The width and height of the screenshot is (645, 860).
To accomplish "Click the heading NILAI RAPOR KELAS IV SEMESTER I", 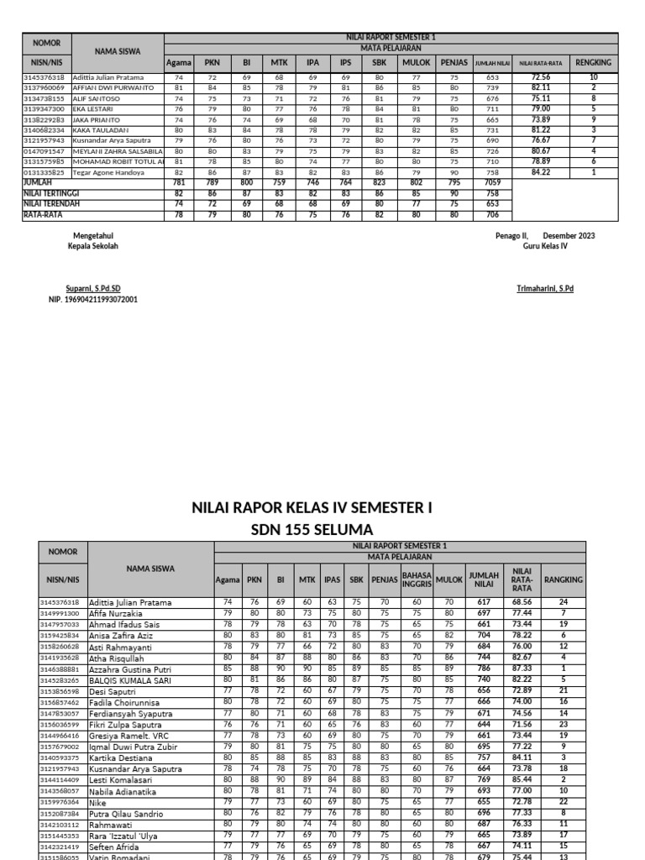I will [312, 507].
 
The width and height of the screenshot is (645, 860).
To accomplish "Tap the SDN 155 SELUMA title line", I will [312, 529].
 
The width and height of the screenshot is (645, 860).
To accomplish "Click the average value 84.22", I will [541, 172].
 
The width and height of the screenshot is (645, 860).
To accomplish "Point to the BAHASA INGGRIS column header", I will [417, 579].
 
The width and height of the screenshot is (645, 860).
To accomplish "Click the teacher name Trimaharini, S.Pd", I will [545, 288].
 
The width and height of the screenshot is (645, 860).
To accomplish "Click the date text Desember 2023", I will [569, 236].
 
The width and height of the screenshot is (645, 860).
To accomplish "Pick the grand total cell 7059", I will [492, 181].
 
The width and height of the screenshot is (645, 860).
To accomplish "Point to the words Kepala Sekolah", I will [93, 246].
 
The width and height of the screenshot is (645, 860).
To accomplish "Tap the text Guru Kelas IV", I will [545, 246].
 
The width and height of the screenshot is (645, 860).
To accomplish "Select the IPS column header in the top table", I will [344, 63].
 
